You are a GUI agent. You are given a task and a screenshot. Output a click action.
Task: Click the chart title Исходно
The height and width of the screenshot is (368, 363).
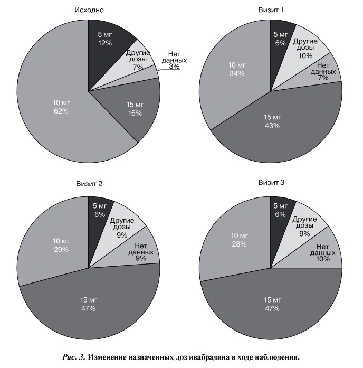pos(89,10)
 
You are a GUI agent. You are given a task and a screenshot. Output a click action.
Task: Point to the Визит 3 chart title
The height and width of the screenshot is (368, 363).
pos(271,183)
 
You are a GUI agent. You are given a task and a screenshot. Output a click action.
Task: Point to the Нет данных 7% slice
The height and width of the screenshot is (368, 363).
pos(323,71)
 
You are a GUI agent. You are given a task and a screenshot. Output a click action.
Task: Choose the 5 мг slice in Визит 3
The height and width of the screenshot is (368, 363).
pos(280,210)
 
